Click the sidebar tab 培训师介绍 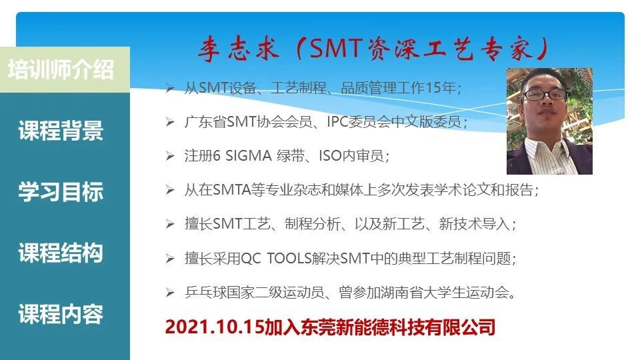tap(61, 69)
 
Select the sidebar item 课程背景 tap(61, 131)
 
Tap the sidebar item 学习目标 tap(61, 192)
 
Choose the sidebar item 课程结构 tap(61, 253)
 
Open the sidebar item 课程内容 tap(61, 314)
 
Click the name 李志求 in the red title tap(239, 49)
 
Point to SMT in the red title tap(336, 48)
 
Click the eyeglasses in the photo tap(545, 95)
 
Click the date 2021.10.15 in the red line tap(215, 327)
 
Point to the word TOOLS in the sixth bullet tap(289, 259)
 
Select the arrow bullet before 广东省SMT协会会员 tap(170, 121)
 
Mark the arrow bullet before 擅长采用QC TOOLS tap(170, 259)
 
